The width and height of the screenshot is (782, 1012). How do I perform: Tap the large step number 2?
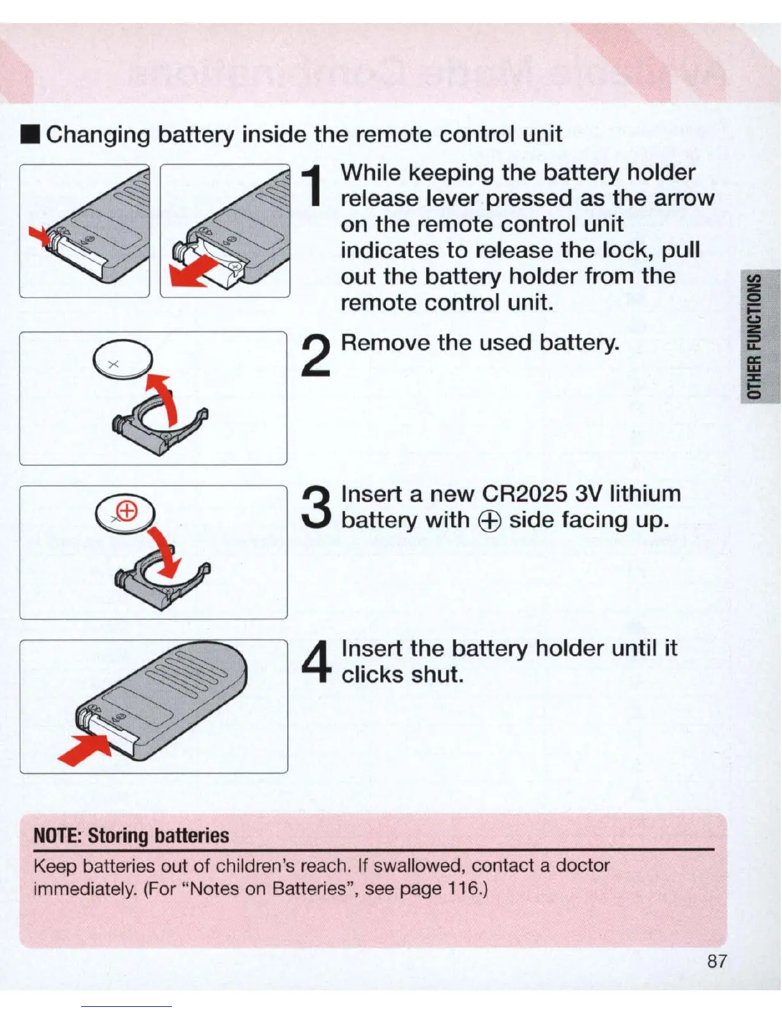click(316, 356)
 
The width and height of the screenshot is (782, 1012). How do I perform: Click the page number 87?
click(717, 962)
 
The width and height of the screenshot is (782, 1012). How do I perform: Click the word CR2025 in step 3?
click(525, 494)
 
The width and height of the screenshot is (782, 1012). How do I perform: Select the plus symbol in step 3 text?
click(489, 521)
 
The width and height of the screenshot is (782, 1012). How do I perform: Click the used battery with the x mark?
click(123, 360)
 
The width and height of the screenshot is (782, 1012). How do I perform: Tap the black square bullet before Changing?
click(31, 135)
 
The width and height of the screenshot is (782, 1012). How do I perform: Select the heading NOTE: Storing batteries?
click(131, 836)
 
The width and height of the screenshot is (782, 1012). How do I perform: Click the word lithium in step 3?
click(645, 494)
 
